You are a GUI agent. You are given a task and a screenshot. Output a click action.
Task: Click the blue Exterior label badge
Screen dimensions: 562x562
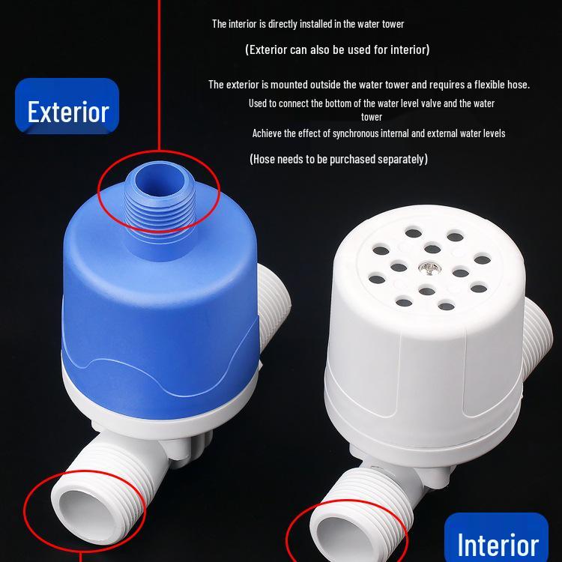[x=67, y=111]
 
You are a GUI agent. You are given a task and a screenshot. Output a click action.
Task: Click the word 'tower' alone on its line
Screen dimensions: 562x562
[x=372, y=117]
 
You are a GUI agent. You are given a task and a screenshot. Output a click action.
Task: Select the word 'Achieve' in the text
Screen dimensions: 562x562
[x=268, y=133]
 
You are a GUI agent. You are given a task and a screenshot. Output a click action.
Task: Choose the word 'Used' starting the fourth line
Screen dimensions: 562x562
[x=259, y=103]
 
